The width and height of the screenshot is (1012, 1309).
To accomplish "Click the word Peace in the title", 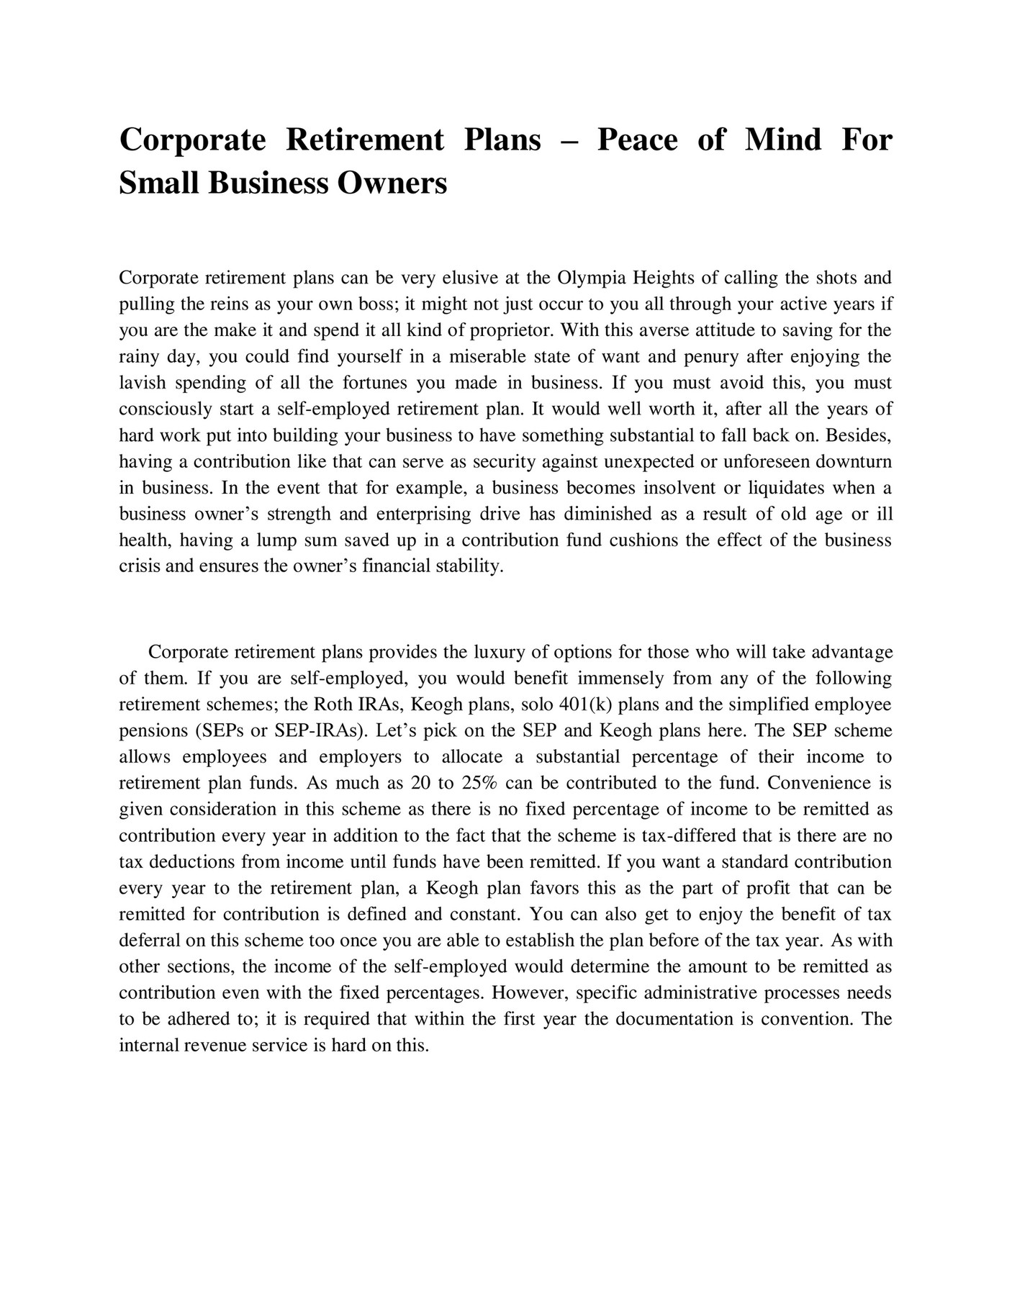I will point(637,139).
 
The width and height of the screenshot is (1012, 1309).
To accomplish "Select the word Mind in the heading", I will point(783,139).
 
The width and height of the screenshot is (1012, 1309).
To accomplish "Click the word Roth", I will point(334,705).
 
